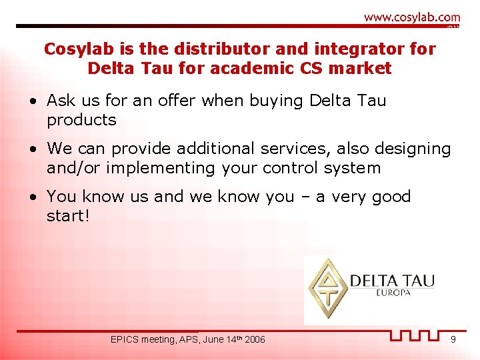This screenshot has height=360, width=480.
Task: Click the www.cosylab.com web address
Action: pyautogui.click(x=412, y=17)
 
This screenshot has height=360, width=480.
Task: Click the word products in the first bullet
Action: pyautogui.click(x=81, y=121)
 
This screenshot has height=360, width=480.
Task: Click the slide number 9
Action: pyautogui.click(x=453, y=340)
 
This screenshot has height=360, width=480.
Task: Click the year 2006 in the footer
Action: pyautogui.click(x=254, y=340)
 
